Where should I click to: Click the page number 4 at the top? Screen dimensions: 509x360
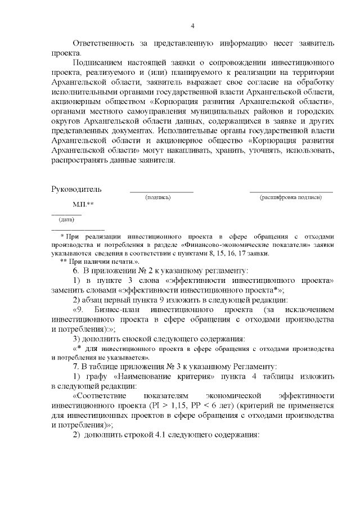pos(192,26)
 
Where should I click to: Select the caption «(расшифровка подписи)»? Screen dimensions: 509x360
pos(291,198)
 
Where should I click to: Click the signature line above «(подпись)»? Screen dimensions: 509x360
pos(161,192)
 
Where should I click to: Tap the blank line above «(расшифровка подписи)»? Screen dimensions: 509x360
pos(291,192)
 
